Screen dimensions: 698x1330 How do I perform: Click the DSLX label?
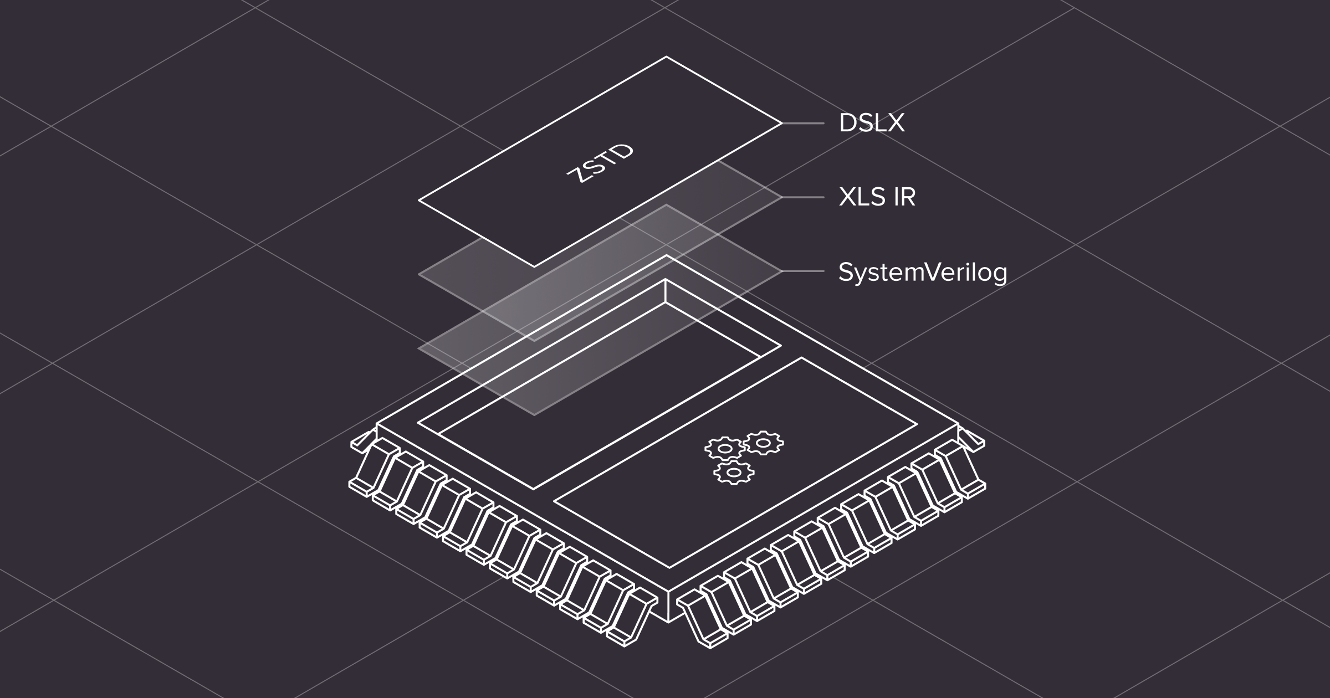tap(871, 123)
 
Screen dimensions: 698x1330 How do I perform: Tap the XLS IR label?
tap(877, 197)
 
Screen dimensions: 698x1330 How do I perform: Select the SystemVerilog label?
tap(923, 272)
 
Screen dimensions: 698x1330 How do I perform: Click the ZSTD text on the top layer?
tap(600, 164)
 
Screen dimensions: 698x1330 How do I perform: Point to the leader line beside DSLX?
tap(803, 123)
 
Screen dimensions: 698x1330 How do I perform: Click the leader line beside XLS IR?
tap(803, 197)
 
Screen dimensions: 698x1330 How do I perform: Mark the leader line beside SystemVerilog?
tap(803, 271)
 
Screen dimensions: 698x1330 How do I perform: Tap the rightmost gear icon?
tap(764, 442)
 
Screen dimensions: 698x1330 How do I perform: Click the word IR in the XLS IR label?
tap(904, 197)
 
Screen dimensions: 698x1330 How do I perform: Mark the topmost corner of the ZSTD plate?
tap(666, 57)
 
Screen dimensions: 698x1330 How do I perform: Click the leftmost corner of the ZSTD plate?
tap(419, 201)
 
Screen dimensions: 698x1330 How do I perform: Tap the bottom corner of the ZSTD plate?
tap(535, 267)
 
